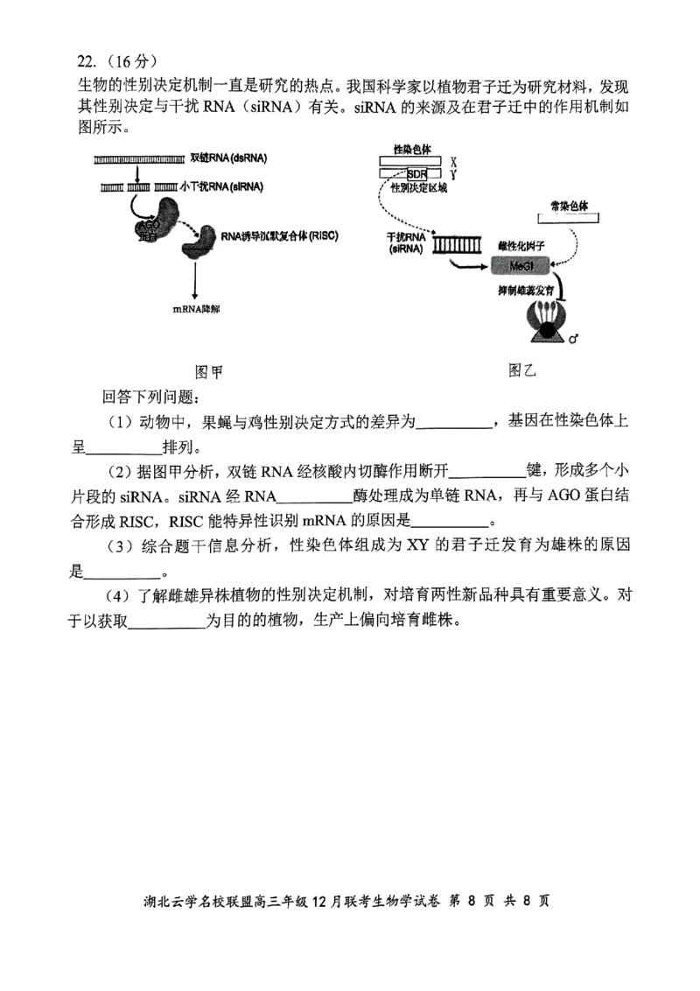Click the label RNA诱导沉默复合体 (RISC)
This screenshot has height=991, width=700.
click(x=279, y=235)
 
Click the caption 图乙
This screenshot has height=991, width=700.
click(x=521, y=369)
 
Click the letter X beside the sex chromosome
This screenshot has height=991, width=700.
click(x=453, y=162)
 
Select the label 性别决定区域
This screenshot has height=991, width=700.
click(x=419, y=188)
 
